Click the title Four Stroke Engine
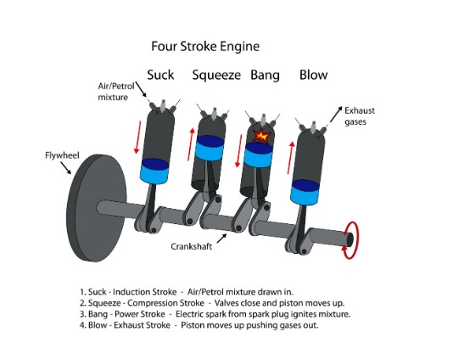[x=205, y=47]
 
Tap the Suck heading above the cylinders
[x=160, y=75]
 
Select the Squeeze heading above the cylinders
[x=216, y=76]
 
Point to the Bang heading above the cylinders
[x=265, y=76]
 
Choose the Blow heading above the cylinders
[x=314, y=75]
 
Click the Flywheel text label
[x=62, y=155]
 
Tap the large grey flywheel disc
[x=97, y=208]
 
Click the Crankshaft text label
[x=192, y=246]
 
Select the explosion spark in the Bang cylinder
[x=261, y=136]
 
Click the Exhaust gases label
[x=360, y=116]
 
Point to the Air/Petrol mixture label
[x=116, y=92]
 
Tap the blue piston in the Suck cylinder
[x=154, y=171]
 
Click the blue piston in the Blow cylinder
[x=305, y=193]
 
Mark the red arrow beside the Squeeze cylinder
[x=191, y=144]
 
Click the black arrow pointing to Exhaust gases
[x=336, y=114]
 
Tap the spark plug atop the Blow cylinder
[x=313, y=127]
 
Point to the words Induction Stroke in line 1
[x=145, y=292]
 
